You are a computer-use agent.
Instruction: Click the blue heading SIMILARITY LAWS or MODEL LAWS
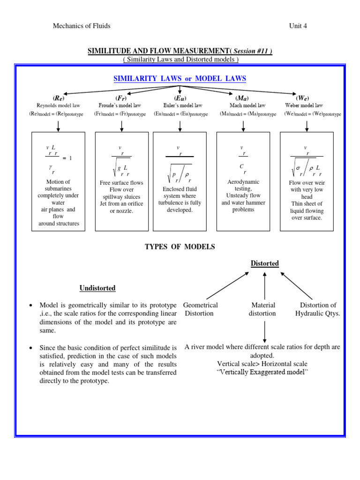click(180, 79)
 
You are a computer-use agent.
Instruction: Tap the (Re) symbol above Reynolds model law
click(59, 98)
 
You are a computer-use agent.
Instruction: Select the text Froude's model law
click(120, 106)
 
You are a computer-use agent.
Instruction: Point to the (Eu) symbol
click(180, 98)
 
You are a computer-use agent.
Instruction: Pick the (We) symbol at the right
click(303, 98)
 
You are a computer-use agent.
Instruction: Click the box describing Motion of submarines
click(59, 181)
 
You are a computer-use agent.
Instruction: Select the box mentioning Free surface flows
click(122, 181)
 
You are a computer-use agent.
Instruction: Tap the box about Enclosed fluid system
click(180, 181)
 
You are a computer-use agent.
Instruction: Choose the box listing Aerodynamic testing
click(243, 181)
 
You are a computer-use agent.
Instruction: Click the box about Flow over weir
click(307, 181)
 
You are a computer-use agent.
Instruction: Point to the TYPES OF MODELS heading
click(180, 247)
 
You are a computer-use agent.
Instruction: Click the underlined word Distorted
click(265, 263)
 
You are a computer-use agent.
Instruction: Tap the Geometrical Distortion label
click(201, 309)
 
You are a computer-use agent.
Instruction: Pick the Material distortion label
click(262, 309)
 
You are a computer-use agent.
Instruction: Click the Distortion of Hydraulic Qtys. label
click(318, 309)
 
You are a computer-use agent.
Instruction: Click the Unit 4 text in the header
click(298, 26)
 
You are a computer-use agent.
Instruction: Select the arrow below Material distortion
click(265, 330)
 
